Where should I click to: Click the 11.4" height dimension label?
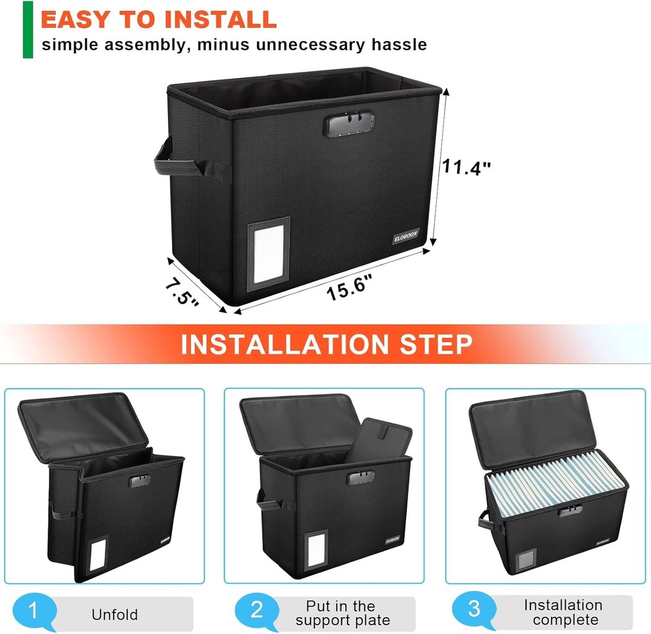click(x=467, y=167)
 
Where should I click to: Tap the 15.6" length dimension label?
click(x=349, y=287)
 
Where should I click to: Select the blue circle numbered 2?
click(x=256, y=611)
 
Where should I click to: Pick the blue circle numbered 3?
click(x=474, y=611)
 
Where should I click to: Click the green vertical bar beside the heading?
click(x=27, y=29)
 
